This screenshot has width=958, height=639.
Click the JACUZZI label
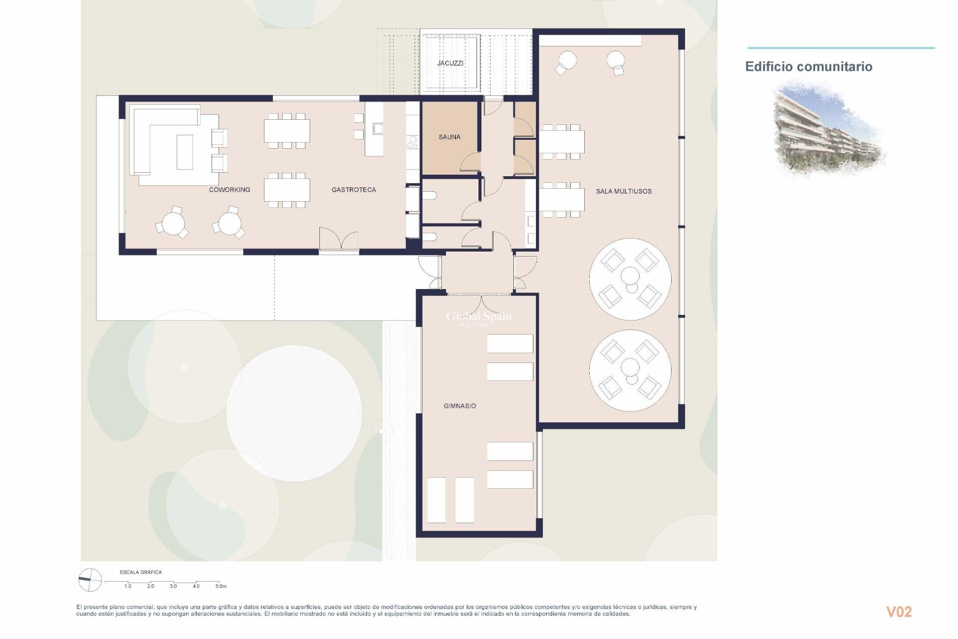pyautogui.click(x=450, y=63)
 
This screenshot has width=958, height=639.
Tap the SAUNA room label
pyautogui.click(x=449, y=137)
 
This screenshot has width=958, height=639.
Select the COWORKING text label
pyautogui.click(x=230, y=190)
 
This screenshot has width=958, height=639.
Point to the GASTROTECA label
pyautogui.click(x=354, y=190)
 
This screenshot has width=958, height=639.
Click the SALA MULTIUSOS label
pyautogui.click(x=624, y=191)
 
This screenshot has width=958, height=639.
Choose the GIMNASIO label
pyautogui.click(x=460, y=406)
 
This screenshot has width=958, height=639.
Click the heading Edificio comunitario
pyautogui.click(x=808, y=67)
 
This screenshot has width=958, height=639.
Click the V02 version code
pyautogui.click(x=899, y=612)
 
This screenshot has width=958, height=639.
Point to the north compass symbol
pyautogui.click(x=90, y=580)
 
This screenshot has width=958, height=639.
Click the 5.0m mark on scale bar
pyautogui.click(x=221, y=586)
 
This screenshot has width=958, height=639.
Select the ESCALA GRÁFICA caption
pyautogui.click(x=141, y=572)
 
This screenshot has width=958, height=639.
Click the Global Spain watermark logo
pyautogui.click(x=478, y=317)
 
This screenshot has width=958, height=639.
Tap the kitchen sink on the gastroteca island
pyautogui.click(x=378, y=129)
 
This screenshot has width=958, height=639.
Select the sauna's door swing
pyautogui.click(x=471, y=162)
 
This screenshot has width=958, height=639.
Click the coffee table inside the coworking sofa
pyautogui.click(x=185, y=152)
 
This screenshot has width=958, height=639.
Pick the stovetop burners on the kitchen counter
pyautogui.click(x=413, y=142)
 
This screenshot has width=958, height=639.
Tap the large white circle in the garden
pyautogui.click(x=294, y=413)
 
